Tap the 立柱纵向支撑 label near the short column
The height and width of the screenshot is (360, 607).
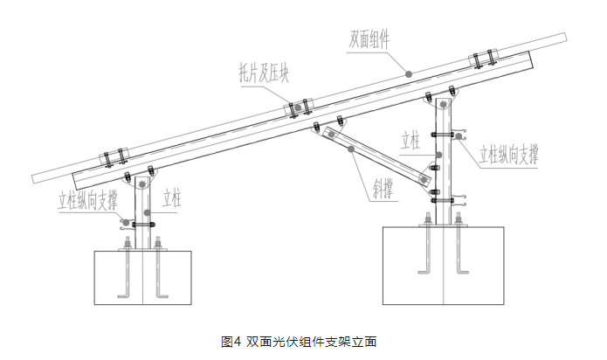[86, 199]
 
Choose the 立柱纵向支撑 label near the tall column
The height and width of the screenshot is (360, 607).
[507, 156]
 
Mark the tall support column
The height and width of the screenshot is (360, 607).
[445, 166]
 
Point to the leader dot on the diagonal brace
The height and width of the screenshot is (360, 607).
[351, 149]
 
